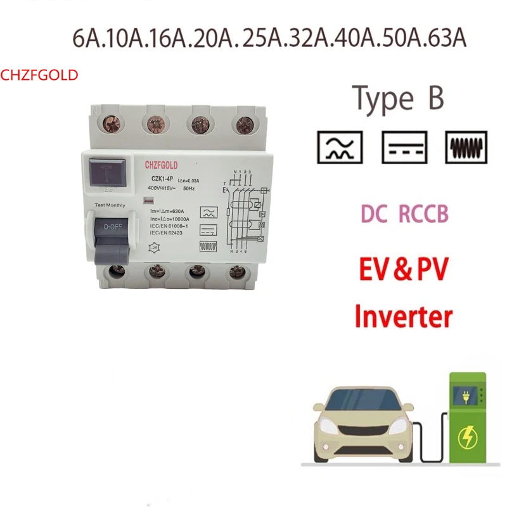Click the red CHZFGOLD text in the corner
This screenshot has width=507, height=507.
tap(39, 75)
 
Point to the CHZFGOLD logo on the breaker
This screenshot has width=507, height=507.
tap(164, 165)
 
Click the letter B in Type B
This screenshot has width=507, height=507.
tap(432, 99)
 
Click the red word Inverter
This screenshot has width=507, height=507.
tap(404, 315)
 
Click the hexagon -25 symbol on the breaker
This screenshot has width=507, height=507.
tap(153, 248)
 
